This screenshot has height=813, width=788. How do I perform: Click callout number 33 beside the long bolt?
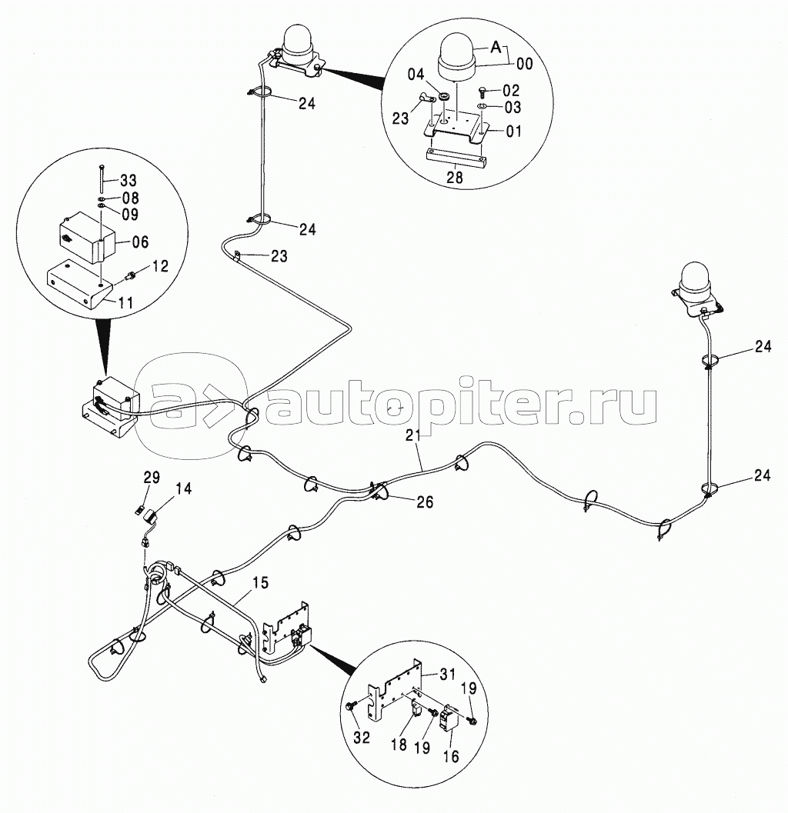(129, 181)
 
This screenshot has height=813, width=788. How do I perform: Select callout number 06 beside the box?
(139, 242)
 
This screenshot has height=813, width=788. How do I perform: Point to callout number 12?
(159, 267)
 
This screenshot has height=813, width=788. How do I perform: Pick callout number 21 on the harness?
(414, 437)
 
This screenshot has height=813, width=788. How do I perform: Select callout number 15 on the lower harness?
(260, 582)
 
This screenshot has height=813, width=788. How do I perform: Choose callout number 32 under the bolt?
(362, 738)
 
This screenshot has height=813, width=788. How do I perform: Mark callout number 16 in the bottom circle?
(451, 757)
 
